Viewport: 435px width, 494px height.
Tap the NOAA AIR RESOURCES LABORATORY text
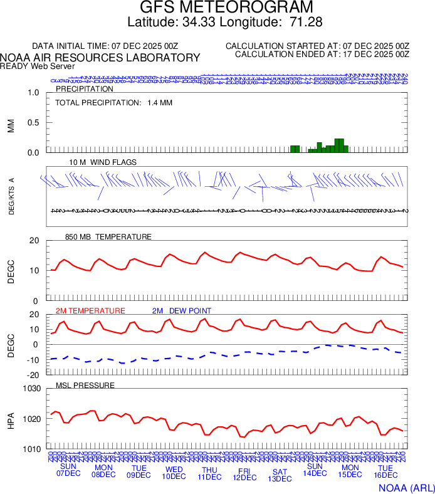(100, 58)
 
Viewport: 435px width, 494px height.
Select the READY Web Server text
(38, 66)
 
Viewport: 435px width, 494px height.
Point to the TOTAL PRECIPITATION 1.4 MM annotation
(113, 102)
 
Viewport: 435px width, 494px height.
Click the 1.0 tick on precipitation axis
(33, 93)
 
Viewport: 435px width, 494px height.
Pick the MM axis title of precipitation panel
(11, 125)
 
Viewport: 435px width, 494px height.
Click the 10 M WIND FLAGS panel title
(103, 162)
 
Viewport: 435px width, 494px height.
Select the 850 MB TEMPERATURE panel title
(108, 237)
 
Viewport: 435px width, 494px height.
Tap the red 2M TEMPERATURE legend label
(90, 311)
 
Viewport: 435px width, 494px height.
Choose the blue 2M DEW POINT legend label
(182, 311)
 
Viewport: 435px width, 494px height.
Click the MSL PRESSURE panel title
(85, 385)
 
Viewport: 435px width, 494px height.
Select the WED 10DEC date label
(174, 473)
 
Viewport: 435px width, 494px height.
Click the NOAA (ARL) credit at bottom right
(406, 487)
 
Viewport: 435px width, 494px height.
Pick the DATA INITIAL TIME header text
(105, 46)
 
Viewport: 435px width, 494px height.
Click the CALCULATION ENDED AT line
(322, 55)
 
